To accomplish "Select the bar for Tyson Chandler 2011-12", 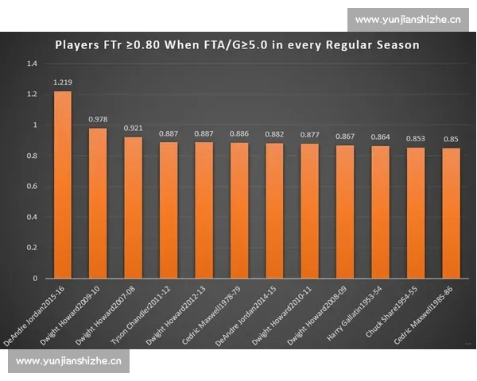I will click(169, 210).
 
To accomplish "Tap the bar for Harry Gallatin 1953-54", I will click(381, 212).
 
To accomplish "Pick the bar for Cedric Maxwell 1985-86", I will click(451, 214).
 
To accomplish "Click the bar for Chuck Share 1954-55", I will click(416, 213).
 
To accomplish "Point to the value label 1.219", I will click(63, 82).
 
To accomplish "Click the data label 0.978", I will click(98, 119).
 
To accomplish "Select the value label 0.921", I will click(134, 128).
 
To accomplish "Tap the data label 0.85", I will click(451, 139).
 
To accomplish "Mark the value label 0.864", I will click(381, 137).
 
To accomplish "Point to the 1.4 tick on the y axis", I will click(32, 63).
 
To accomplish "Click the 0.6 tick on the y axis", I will click(32, 187).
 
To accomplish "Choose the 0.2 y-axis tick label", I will click(32, 248).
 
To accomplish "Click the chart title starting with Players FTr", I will click(237, 44).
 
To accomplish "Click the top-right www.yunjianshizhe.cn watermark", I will click(408, 19).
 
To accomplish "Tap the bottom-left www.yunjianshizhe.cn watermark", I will click(68, 362).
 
